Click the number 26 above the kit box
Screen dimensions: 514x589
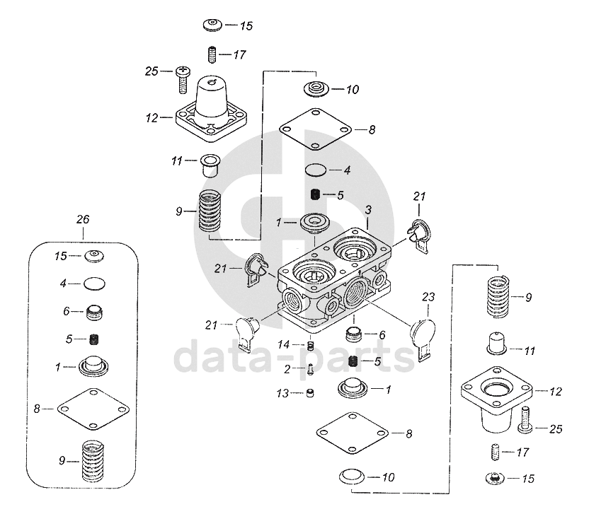point(83,220)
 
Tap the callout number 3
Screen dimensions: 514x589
point(368,209)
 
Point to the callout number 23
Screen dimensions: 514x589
point(428,296)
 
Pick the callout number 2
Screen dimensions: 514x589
point(287,368)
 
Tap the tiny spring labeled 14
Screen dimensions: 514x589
point(309,345)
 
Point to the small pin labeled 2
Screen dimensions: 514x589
point(311,368)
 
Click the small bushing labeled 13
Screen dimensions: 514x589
point(309,393)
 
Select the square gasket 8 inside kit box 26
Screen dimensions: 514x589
point(94,408)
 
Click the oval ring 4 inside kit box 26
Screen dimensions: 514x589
point(95,284)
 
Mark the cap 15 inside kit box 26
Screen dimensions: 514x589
point(94,255)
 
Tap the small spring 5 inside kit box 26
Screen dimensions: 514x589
point(94,339)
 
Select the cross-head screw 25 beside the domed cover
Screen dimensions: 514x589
point(182,79)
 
